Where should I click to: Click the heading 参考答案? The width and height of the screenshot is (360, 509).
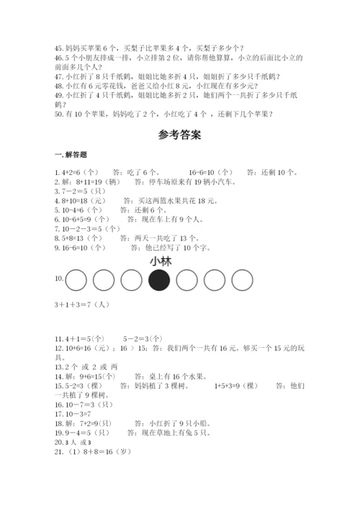tap(180, 135)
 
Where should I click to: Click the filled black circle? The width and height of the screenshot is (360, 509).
tap(159, 279)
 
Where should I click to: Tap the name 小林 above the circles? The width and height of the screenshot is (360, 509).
tap(160, 261)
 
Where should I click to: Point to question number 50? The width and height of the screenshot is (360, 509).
tap(58, 113)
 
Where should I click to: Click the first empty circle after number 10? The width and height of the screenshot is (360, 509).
tap(77, 279)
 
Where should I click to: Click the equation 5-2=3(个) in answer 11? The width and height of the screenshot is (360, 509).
tap(142, 338)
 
